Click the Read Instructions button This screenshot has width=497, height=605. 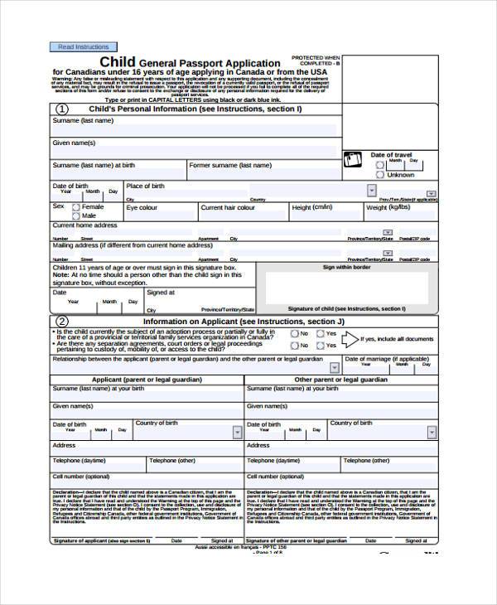84,47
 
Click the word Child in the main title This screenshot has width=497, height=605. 118,62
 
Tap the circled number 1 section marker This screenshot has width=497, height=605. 61,109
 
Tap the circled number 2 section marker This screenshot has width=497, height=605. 61,322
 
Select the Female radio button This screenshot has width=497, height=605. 76,207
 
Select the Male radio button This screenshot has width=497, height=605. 76,216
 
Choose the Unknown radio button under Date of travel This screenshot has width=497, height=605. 380,175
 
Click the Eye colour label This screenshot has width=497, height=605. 142,208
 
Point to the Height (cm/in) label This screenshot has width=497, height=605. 312,208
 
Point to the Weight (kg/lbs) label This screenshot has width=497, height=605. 388,208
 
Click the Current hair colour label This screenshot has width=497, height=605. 228,208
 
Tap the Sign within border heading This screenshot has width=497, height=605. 346,268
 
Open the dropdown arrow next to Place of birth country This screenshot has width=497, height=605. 371,191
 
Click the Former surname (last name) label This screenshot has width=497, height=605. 230,165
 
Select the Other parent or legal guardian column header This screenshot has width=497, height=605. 340,379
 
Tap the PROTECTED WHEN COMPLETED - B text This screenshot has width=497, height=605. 316,60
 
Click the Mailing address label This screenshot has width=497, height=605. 133,246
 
